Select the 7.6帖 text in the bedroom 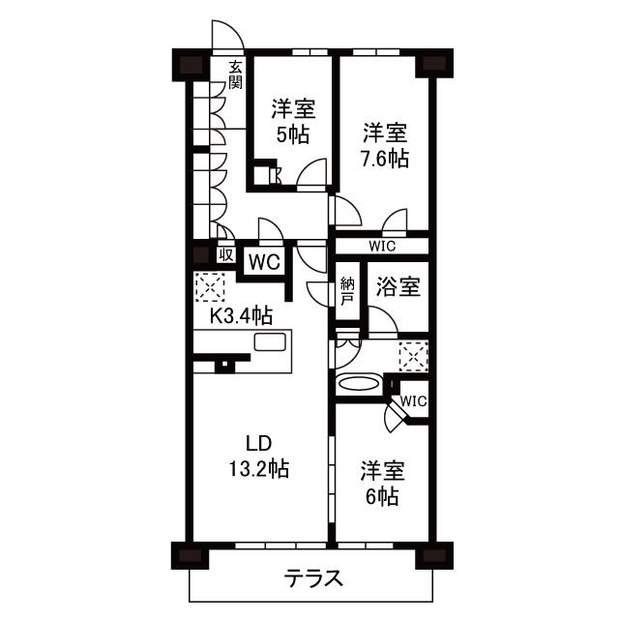coord(385,159)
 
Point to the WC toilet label coord(264,260)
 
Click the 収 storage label coord(224,255)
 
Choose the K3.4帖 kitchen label coord(240,314)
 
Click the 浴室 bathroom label coord(397,286)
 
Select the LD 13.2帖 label coord(257,457)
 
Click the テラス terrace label coord(313,579)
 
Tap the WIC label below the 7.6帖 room coord(381,247)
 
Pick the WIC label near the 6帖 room coord(413,400)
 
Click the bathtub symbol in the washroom coord(358,384)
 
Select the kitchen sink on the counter coord(270,343)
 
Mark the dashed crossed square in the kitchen coord(209,286)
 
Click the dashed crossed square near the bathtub coord(413,357)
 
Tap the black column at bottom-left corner coord(188,556)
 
